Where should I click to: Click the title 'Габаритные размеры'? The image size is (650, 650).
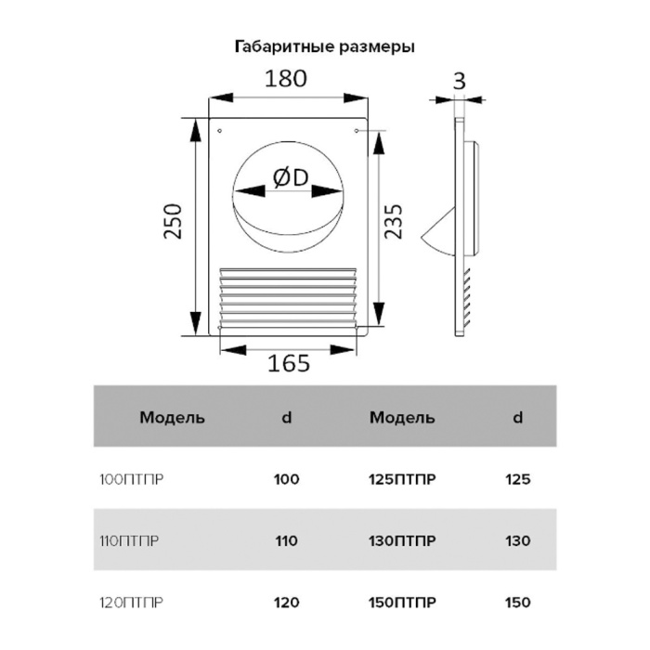325,46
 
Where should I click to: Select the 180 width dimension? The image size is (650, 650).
286,79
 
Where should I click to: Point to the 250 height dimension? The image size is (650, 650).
173,221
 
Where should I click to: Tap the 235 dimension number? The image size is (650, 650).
393,221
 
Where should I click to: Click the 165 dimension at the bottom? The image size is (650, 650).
289,363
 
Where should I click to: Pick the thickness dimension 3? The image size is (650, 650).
459,81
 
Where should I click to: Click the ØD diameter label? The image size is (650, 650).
291,177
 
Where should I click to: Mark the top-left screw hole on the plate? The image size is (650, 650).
220,131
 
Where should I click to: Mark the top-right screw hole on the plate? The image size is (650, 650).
357,131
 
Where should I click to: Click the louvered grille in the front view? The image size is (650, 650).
288,299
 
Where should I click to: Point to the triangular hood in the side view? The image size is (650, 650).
438,231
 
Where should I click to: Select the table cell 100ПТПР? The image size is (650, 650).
132,480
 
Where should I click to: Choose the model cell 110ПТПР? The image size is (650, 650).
129,541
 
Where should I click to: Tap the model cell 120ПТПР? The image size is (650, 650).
132,603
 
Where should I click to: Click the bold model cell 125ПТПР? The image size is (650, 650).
402,480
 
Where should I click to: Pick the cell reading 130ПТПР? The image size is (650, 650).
402,541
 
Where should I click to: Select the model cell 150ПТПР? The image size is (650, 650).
402,603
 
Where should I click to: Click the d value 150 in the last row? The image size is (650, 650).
518,603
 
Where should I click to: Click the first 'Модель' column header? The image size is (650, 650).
172,418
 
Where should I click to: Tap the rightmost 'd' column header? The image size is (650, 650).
518,417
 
